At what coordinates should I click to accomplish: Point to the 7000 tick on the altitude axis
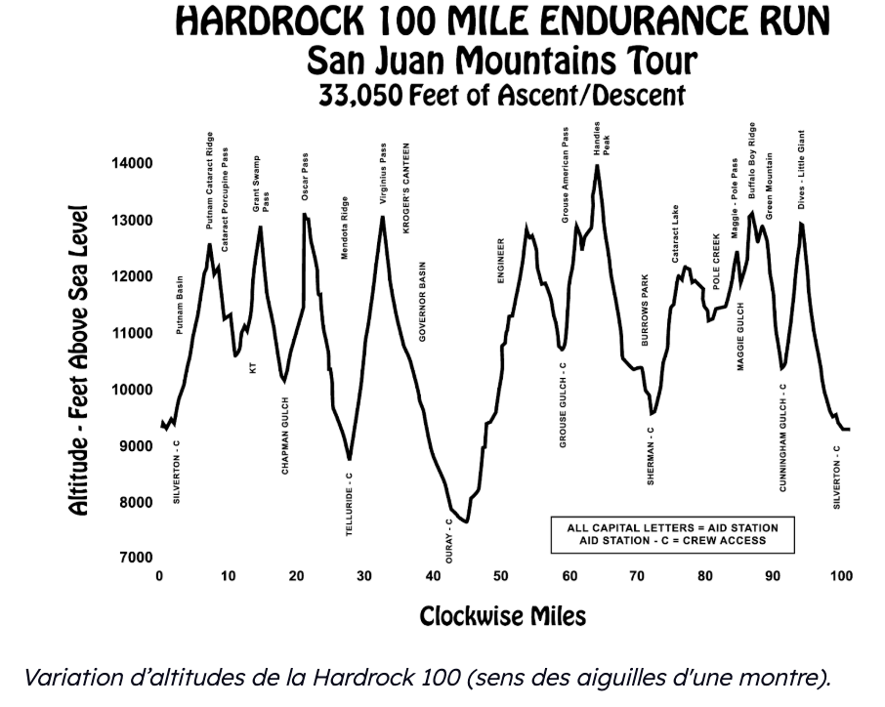[135, 558]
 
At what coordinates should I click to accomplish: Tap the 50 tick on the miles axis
[500, 576]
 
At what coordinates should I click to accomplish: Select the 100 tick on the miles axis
[840, 576]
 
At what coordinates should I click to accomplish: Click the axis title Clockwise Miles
[503, 616]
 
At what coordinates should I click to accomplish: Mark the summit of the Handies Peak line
[597, 165]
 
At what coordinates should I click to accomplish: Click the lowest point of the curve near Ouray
[467, 522]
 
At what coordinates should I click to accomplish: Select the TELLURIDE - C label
[349, 505]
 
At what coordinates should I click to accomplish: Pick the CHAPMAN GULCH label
[285, 436]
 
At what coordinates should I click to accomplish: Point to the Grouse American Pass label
[566, 174]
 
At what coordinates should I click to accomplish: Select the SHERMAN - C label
[652, 456]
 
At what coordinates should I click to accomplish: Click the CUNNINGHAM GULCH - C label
[783, 437]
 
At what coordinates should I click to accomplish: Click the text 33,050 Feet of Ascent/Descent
[503, 97]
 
